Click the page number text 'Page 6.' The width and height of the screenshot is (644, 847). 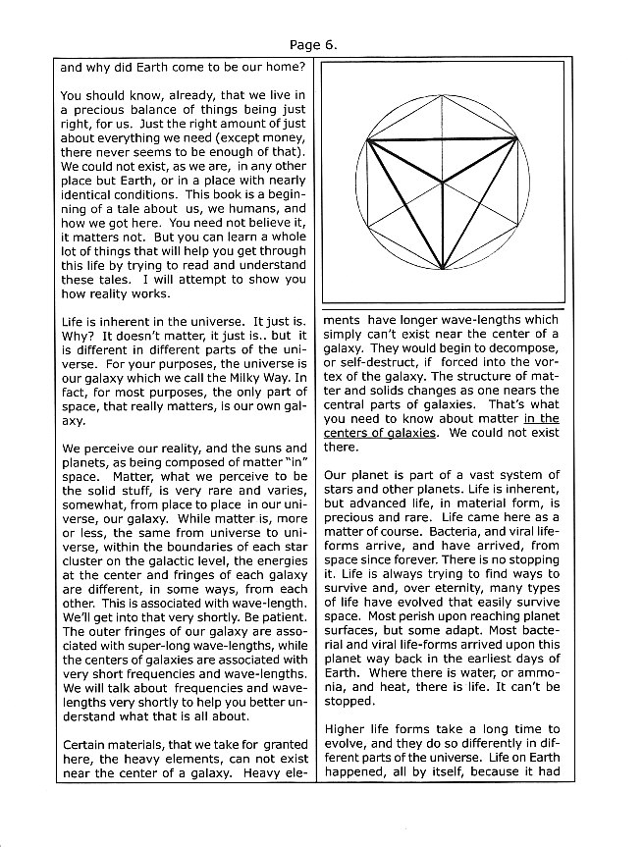coord(314,44)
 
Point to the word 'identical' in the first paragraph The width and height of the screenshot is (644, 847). coord(88,195)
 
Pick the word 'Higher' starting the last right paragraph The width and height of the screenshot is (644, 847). coord(347,729)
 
